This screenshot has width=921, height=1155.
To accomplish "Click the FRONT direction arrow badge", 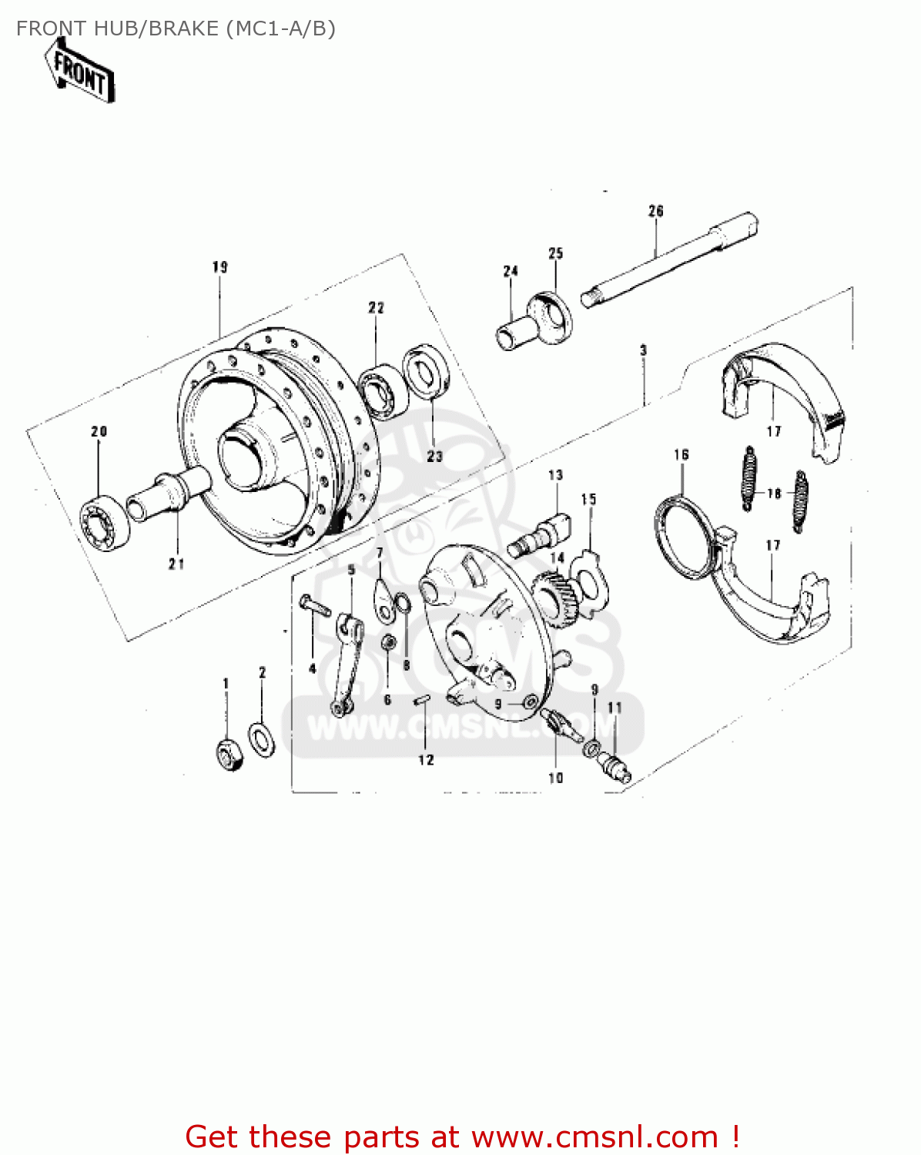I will coord(81,72).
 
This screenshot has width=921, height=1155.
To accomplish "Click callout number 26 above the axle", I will coord(655,211).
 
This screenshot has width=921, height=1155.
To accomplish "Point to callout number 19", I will coord(220,267).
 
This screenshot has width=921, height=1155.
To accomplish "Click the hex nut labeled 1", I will coord(229,754).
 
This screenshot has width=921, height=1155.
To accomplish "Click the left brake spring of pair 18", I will coord(748,477).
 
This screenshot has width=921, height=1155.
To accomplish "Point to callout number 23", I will coord(435,456).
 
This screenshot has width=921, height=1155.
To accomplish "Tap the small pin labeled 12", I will coord(423,699).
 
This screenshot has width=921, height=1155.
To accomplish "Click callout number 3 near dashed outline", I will coord(643,350).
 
